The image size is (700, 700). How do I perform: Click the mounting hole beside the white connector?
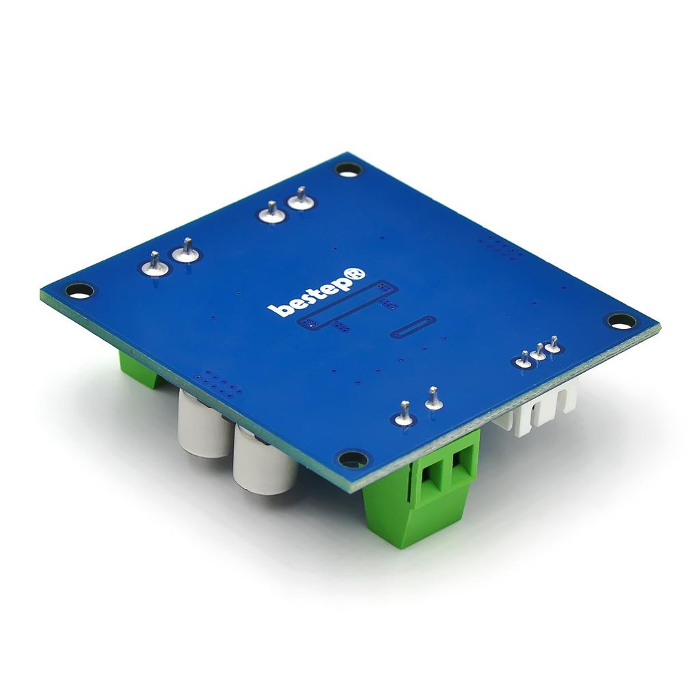621,320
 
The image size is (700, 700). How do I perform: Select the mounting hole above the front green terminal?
353,458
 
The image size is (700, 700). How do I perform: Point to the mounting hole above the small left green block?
79,291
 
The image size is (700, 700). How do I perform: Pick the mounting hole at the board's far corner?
348,169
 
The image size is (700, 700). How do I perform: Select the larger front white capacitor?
263,461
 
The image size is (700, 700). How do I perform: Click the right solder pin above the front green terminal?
433,399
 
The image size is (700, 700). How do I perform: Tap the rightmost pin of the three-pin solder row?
554,346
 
